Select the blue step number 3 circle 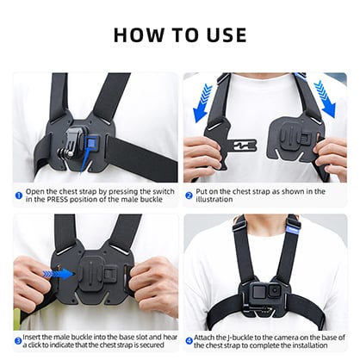tap(18, 339)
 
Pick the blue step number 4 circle tap(189, 339)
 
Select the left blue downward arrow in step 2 tap(203, 101)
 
